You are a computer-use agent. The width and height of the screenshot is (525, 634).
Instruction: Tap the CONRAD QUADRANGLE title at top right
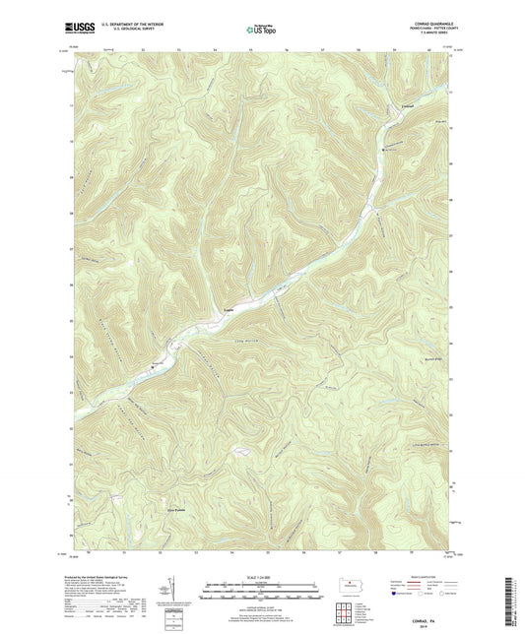pos(430,27)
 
